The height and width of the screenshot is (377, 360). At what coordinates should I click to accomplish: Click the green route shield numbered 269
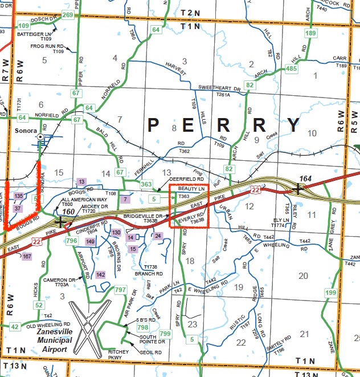point(67,15)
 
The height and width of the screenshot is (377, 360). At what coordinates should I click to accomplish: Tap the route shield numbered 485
point(292,69)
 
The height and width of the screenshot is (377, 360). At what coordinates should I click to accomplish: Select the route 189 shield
point(310,34)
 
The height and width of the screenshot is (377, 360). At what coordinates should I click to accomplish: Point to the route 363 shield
point(146,184)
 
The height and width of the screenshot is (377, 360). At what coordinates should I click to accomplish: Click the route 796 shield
point(72,241)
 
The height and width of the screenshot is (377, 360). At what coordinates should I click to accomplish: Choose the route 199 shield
point(331,293)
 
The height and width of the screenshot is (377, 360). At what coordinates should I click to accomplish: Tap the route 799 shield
point(165,334)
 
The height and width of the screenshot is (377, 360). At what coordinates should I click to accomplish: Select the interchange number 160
point(68,212)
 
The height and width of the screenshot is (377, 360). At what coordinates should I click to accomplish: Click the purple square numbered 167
point(27,257)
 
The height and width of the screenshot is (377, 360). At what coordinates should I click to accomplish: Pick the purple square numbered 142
point(101,275)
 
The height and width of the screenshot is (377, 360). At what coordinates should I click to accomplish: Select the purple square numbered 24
point(158,236)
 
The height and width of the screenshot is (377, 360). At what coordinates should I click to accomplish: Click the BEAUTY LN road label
point(190,188)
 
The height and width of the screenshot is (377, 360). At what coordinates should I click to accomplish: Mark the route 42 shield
point(15,327)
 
